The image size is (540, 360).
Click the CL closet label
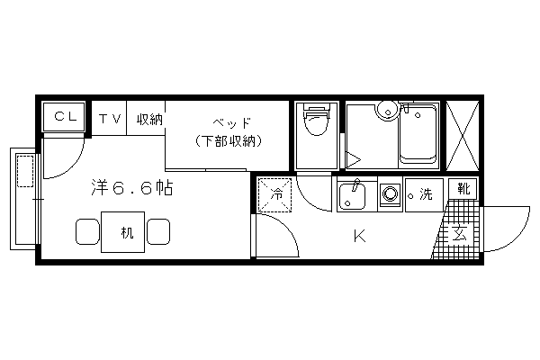click(66, 116)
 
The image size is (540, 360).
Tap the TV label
click(110, 119)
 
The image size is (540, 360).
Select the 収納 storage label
click(149, 120)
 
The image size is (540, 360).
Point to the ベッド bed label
click(231, 122)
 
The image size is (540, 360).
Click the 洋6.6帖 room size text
click(132, 188)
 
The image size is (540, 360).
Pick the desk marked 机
click(122, 232)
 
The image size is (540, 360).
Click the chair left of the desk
click(87, 231)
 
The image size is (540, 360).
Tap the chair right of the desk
click(158, 231)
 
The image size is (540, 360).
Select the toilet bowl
click(317, 121)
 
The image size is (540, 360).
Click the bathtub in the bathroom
click(418, 137)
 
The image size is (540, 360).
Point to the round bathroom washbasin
click(387, 111)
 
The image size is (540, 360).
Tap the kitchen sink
click(352, 197)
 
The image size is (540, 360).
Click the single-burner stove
click(390, 194)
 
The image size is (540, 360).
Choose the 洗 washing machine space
click(424, 194)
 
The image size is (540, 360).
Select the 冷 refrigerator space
click(275, 194)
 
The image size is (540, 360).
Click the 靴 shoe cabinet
click(463, 188)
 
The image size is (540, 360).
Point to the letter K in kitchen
click(359, 237)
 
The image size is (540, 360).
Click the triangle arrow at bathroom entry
click(353, 159)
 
